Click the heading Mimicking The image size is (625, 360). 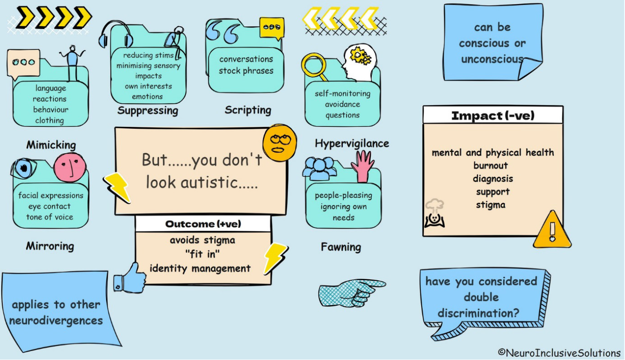51,145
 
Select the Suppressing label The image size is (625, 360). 148,110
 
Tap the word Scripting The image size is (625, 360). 248,110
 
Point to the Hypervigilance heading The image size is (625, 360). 352,143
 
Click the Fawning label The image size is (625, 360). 341,247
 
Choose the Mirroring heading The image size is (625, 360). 50,246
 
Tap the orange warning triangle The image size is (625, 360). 551,230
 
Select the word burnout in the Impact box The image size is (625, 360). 490,166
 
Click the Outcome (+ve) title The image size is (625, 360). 203,224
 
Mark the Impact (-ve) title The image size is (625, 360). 493,116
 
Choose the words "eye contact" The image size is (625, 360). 49,206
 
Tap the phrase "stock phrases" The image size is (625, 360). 246,71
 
